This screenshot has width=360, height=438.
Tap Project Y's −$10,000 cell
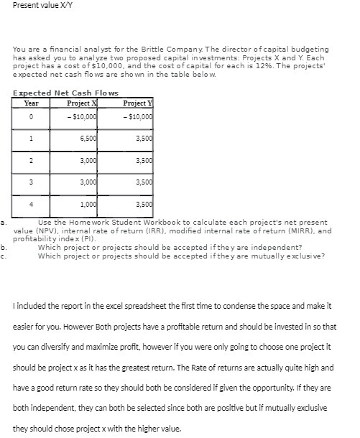(x=138, y=116)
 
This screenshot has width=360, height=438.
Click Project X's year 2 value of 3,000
(x=88, y=160)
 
